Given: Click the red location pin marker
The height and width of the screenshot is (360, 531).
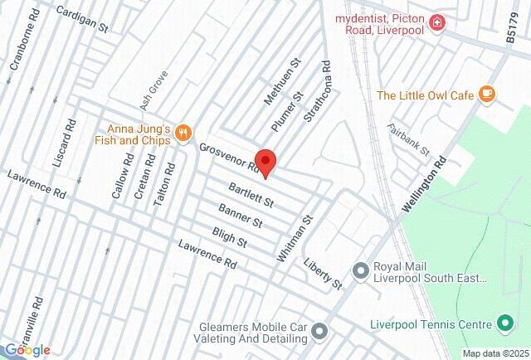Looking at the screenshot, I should [x=265, y=162].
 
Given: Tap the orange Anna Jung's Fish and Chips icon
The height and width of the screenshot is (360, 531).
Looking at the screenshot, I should [x=184, y=130].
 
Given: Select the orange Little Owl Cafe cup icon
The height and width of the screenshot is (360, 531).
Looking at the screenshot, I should [x=488, y=95].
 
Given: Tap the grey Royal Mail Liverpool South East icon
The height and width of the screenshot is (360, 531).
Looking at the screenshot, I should [x=361, y=270].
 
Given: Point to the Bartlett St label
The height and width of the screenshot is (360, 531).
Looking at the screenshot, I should [x=251, y=196].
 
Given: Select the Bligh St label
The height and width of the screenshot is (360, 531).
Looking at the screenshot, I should [x=230, y=236].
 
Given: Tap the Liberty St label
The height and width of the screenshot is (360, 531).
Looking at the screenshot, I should [x=324, y=275].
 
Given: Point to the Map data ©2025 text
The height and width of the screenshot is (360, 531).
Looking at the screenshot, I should [x=494, y=353].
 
